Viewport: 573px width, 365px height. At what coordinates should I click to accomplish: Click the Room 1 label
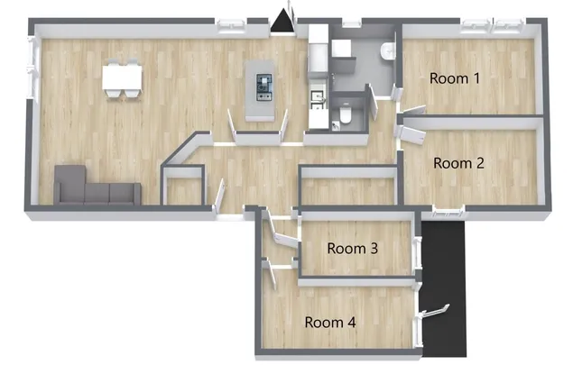pyautogui.click(x=454, y=78)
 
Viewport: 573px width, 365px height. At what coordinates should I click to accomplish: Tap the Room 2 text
pyautogui.click(x=458, y=163)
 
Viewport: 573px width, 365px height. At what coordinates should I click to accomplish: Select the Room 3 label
pyautogui.click(x=352, y=248)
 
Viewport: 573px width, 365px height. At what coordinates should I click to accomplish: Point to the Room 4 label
pyautogui.click(x=330, y=323)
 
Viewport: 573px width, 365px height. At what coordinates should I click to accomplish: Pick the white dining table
pyautogui.click(x=122, y=77)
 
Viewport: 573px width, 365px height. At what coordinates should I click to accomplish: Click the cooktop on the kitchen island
pyautogui.click(x=264, y=87)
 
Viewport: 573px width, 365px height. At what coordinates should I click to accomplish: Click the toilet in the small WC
pyautogui.click(x=345, y=114)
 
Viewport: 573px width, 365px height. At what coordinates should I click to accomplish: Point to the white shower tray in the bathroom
pyautogui.click(x=341, y=48)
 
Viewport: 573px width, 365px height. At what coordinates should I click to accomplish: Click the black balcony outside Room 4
pyautogui.click(x=443, y=288)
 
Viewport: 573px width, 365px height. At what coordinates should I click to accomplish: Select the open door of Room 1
pyautogui.click(x=414, y=109)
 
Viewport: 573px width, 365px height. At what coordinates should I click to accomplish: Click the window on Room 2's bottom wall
pyautogui.click(x=448, y=211)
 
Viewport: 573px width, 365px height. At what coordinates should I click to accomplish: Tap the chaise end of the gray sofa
pyautogui.click(x=69, y=185)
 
